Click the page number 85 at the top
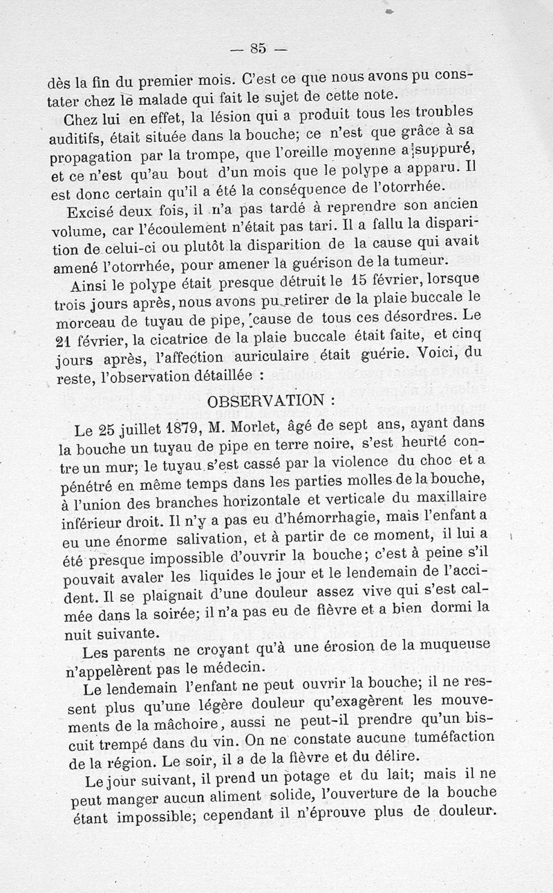(x=259, y=48)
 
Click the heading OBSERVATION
(x=261, y=401)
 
